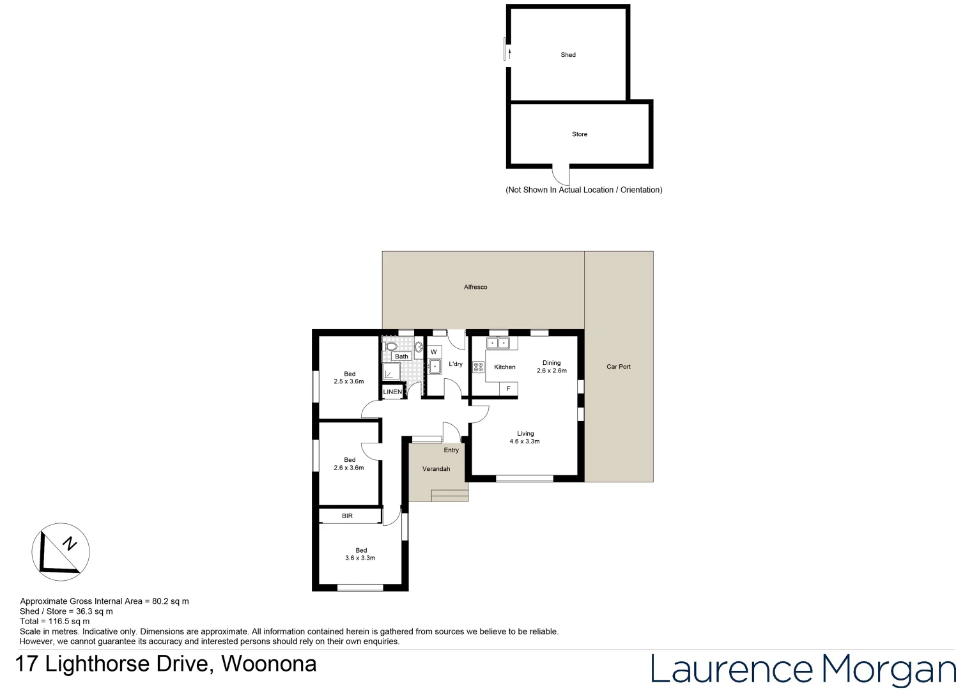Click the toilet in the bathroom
click(390, 346)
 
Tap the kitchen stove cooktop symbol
click(478, 367)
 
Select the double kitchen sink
click(498, 343)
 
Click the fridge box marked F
click(508, 388)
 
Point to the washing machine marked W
click(434, 352)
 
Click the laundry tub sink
click(435, 367)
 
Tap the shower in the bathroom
click(390, 372)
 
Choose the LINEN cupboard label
click(392, 392)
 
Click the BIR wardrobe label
click(347, 516)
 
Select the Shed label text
click(568, 55)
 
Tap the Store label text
click(579, 134)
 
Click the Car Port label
click(618, 367)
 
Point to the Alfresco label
click(475, 287)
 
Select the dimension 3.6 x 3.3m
click(360, 558)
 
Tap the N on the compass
click(70, 544)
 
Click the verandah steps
click(450, 494)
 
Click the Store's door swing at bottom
click(560, 174)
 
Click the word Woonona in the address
click(268, 664)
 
